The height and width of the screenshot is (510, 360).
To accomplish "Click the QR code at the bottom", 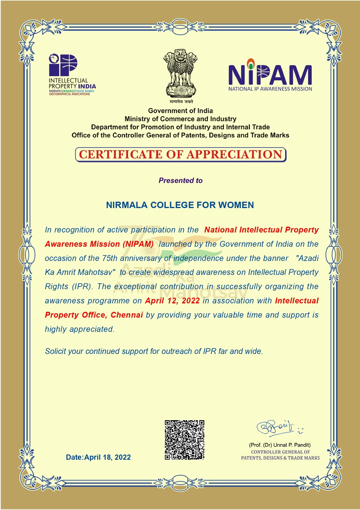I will click(185, 440).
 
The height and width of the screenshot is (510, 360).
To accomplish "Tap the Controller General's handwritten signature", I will click(276, 427).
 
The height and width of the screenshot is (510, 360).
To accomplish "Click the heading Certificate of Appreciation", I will click(181, 155).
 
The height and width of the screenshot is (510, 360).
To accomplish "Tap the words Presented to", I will click(181, 180).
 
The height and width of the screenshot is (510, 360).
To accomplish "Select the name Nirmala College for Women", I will click(180, 205).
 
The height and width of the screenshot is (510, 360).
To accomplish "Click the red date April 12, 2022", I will click(172, 301).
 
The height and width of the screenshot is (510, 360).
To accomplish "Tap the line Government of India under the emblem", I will click(181, 111).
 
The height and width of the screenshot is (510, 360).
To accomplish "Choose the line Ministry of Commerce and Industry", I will click(181, 119).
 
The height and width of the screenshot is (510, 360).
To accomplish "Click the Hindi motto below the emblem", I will click(181, 101).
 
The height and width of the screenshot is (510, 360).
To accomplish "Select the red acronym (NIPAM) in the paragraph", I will click(138, 244).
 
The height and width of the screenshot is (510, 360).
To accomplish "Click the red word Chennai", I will click(127, 315).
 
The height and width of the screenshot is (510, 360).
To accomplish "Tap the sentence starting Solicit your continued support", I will click(154, 351).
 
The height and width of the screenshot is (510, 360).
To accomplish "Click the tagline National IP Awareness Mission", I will click(270, 89).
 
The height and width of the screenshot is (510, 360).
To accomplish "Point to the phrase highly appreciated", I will click(80, 329).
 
